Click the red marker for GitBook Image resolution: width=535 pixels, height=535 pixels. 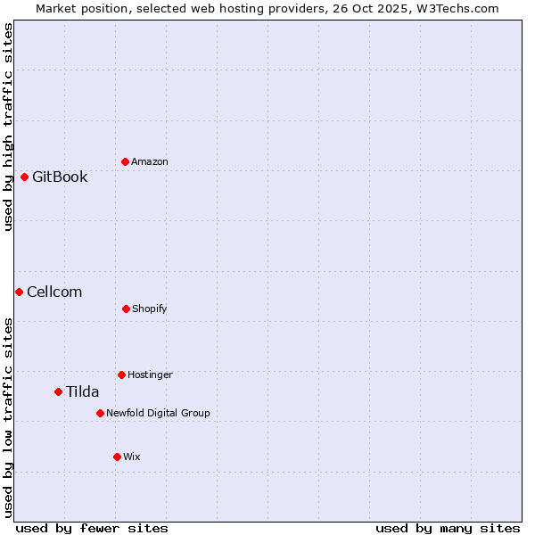[24, 177]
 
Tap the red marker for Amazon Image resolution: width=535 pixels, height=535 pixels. [125, 161]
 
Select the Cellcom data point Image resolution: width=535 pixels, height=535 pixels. [19, 292]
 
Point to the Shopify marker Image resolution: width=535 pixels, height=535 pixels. [126, 309]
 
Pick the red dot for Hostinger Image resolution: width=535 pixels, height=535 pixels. [121, 374]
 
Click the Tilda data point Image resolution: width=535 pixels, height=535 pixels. [58, 391]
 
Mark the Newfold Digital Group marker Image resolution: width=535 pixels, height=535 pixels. [100, 413]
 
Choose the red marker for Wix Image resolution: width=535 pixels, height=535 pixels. [117, 457]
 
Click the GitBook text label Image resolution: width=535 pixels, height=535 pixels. [60, 177]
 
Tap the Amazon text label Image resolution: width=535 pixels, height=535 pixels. [150, 161]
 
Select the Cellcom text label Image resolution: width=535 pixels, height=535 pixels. [54, 292]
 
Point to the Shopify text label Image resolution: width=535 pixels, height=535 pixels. [150, 309]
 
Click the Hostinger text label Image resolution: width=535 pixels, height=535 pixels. [150, 374]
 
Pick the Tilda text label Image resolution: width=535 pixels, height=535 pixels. [83, 391]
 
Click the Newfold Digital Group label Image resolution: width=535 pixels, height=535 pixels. [158, 413]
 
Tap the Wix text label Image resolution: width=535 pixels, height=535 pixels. [132, 457]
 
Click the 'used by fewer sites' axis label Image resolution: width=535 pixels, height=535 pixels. [92, 528]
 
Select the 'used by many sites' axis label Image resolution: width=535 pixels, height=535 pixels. [448, 528]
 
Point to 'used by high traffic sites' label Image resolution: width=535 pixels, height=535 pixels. [8, 128]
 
